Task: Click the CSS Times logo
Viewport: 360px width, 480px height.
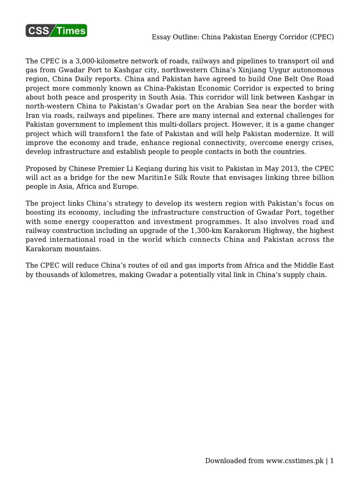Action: (56, 31)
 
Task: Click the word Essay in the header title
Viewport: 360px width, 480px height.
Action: (162, 37)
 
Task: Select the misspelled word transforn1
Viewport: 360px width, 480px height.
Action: (99, 134)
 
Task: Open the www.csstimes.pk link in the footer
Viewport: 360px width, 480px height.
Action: (295, 461)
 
